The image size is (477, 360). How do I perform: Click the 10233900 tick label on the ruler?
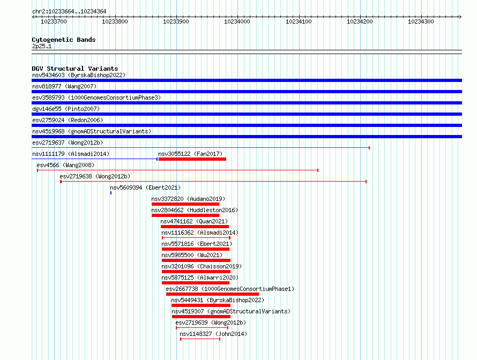(176, 21)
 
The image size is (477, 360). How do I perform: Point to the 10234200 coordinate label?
(360, 21)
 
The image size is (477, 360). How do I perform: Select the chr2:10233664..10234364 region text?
(69, 12)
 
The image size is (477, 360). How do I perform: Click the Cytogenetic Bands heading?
(64, 40)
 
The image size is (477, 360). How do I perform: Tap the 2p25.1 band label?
(42, 46)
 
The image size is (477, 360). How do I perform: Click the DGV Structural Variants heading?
(75, 69)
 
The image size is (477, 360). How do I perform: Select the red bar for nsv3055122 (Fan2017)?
(192, 159)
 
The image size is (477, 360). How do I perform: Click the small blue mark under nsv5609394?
(111, 193)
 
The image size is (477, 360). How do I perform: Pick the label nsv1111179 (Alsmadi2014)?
(71, 154)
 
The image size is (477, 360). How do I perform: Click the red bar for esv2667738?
(212, 294)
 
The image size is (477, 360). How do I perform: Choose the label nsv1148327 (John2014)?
(213, 334)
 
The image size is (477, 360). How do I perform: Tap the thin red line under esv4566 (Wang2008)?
(177, 170)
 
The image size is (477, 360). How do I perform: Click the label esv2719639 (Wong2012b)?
(211, 322)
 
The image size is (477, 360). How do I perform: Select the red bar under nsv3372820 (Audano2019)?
(185, 204)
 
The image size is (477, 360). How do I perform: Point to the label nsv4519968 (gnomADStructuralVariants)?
(92, 131)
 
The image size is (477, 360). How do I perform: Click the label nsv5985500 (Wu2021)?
(192, 255)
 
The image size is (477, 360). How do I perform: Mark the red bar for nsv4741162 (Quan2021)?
(195, 227)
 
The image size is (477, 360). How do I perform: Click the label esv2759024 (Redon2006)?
(68, 120)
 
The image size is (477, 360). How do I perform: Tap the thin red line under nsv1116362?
(196, 238)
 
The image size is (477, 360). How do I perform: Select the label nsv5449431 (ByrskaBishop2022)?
(218, 300)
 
